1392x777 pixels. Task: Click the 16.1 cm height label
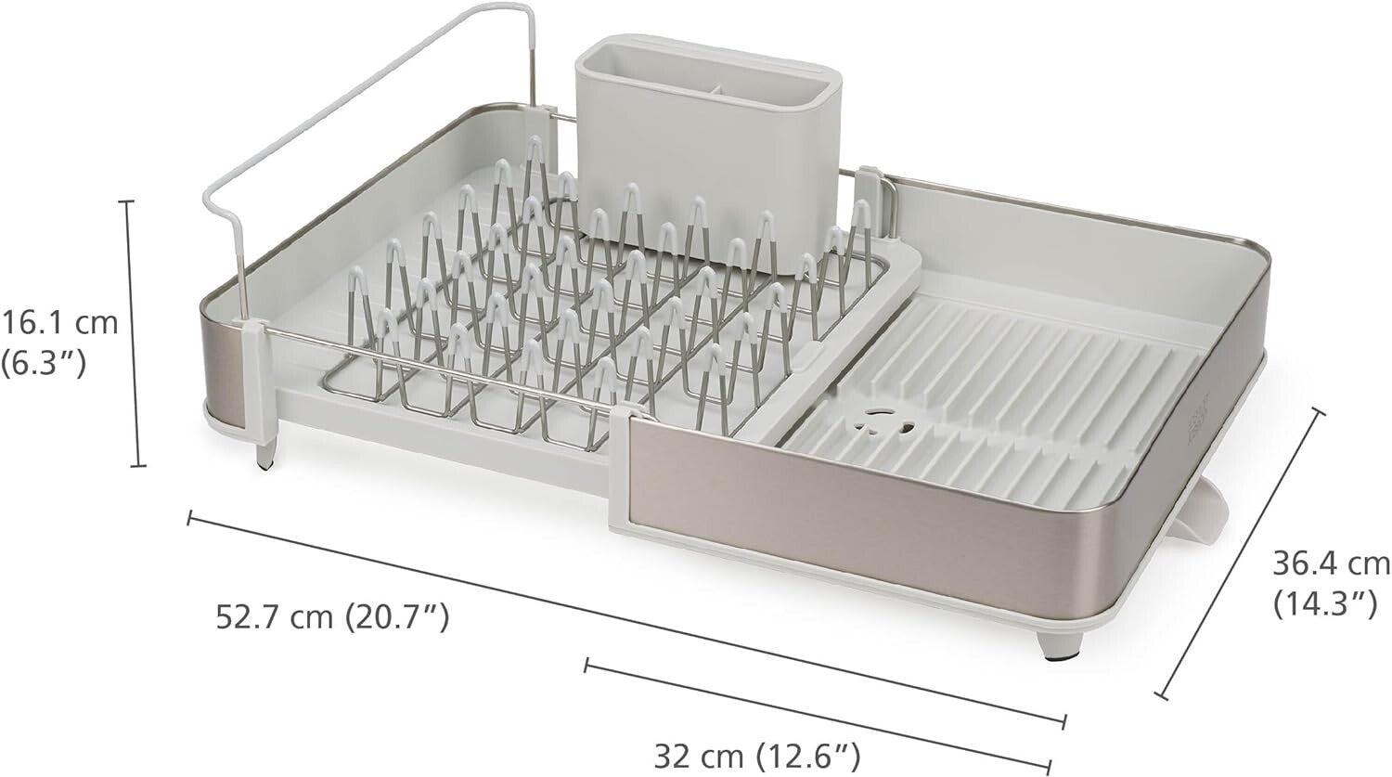pos(60,323)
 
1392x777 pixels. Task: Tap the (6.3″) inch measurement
pos(44,362)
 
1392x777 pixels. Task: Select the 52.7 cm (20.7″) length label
pos(332,615)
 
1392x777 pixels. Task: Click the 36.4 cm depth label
pos(1331,563)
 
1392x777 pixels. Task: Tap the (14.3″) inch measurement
pos(1323,604)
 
